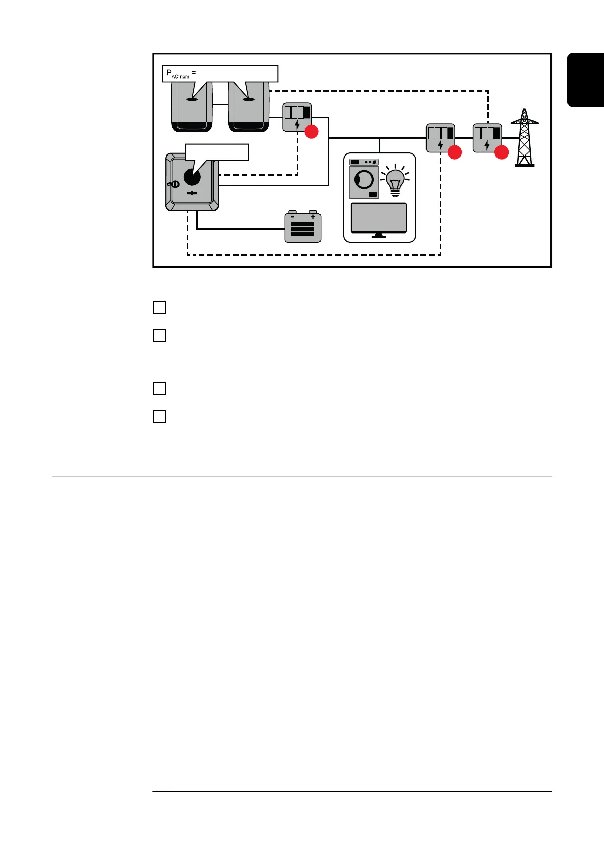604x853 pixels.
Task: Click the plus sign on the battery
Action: [x=313, y=216]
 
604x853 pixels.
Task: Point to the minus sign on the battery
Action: [x=292, y=216]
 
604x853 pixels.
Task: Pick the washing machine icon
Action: [x=364, y=178]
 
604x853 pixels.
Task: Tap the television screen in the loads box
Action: [x=379, y=217]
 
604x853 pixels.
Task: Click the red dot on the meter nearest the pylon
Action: [x=501, y=152]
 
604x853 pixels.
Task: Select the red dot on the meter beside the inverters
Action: [x=311, y=132]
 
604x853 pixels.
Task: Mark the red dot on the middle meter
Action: [x=454, y=152]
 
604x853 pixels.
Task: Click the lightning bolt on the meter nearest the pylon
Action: [x=487, y=145]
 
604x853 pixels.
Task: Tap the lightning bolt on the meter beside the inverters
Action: [x=297, y=125]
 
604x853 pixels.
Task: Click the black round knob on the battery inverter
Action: [x=192, y=177]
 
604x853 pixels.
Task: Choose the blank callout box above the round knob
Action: [x=217, y=152]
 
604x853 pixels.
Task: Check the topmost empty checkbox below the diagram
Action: [x=159, y=307]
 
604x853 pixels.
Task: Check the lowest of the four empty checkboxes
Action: [x=159, y=417]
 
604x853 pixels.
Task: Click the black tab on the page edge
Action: [x=586, y=80]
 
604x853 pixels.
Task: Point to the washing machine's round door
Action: [x=364, y=179]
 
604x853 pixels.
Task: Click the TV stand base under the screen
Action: [x=379, y=236]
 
